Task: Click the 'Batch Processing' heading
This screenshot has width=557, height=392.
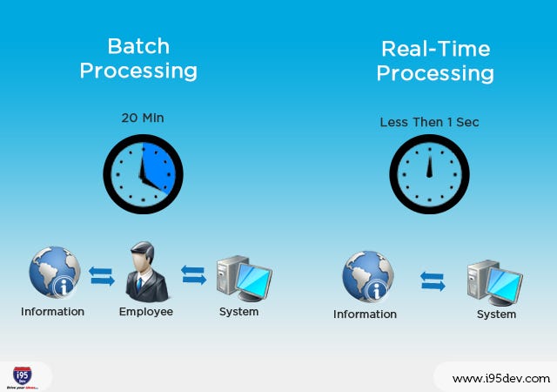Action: [x=138, y=58]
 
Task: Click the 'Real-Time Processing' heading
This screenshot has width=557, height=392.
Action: [x=434, y=61]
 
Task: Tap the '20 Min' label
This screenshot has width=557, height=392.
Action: [x=142, y=117]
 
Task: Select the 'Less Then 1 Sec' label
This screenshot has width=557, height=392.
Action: [x=429, y=122]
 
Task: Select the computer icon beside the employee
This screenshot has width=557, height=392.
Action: [x=243, y=276]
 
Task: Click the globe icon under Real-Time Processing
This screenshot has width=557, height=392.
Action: [x=367, y=276]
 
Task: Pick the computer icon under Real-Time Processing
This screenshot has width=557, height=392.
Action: [x=493, y=279]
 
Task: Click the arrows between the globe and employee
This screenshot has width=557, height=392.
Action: [x=102, y=276]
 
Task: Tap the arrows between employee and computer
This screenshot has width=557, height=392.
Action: [x=194, y=275]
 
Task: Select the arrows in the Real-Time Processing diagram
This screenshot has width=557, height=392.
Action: [x=433, y=280]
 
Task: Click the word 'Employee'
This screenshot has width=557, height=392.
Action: [x=145, y=311]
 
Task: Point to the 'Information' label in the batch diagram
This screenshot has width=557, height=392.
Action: [x=53, y=311]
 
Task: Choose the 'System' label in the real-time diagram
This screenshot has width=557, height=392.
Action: [x=496, y=314]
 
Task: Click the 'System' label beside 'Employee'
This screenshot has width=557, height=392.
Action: [x=238, y=311]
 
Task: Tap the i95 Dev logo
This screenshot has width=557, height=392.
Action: [x=26, y=375]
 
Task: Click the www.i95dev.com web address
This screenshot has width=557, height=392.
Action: [x=501, y=378]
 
